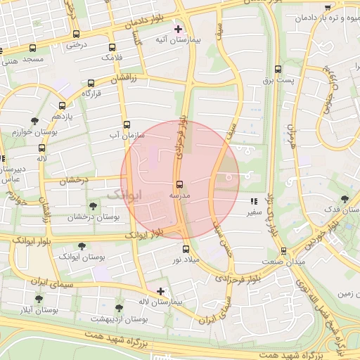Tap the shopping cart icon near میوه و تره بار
coord(328,7)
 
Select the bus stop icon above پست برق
coord(278,70)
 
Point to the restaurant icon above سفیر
coord(253,202)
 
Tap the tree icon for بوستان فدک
coord(344,199)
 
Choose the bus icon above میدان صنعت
coord(283,251)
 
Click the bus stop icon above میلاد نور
coord(186,249)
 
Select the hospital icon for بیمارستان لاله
coord(161,290)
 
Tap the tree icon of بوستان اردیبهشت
coord(118,308)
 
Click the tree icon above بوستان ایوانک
coord(82,246)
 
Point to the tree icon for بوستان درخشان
coord(93,206)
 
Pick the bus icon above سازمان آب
coord(127,124)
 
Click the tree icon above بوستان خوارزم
coord(35,122)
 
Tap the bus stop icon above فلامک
coord(109,46)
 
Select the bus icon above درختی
coord(75,34)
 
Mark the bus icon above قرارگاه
coord(91,82)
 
